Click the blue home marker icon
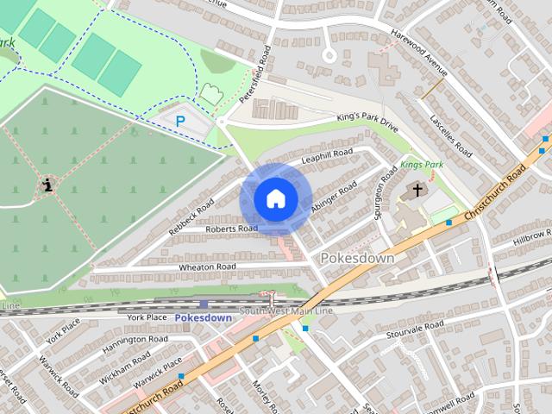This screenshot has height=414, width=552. [275, 199]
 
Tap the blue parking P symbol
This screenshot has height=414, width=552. [180, 122]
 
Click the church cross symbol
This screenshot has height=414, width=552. [417, 190]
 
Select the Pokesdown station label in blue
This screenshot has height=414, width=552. [204, 317]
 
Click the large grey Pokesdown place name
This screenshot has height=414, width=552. [357, 258]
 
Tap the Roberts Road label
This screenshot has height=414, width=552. [230, 229]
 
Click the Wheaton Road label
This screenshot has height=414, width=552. [207, 267]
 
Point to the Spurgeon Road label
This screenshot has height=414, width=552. [380, 199]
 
